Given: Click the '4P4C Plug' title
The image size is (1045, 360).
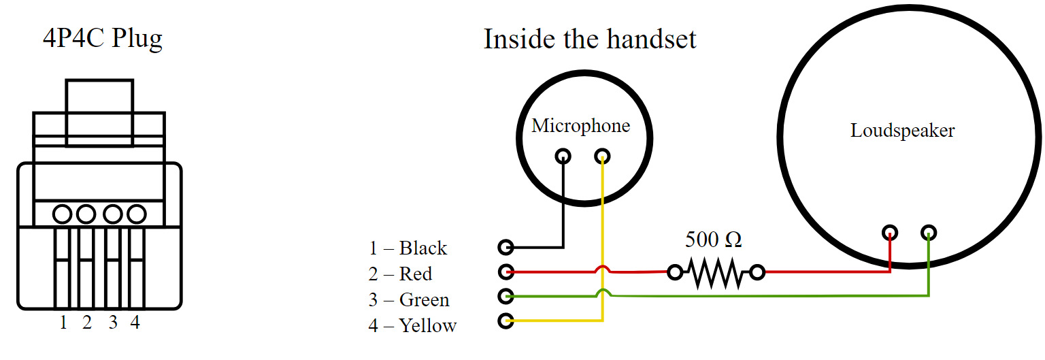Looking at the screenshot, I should tap(103, 39).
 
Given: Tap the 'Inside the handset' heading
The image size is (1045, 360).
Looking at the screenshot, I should tap(590, 39).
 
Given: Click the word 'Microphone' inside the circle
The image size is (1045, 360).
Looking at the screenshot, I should tap(580, 126).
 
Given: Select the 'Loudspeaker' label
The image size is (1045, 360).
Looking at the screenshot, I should tap(902, 131).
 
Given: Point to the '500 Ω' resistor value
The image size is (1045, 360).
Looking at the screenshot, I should tap(713, 240).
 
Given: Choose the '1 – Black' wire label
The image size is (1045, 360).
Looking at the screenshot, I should tap(408, 248).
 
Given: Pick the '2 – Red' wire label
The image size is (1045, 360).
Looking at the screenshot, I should tap(400, 274).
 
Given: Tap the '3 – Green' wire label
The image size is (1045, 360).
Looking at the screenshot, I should tap(409, 299).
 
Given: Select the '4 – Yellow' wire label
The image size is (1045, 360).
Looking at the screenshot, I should tap(412, 325).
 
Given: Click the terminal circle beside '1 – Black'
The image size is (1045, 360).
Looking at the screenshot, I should tap(505, 246).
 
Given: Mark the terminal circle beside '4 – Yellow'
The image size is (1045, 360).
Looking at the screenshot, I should tap(505, 321).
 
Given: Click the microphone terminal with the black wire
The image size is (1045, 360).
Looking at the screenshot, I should tap(563, 157).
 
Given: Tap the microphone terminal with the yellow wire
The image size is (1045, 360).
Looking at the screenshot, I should tap(602, 157).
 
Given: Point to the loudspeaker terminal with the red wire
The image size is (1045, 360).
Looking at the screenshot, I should tap(890, 233).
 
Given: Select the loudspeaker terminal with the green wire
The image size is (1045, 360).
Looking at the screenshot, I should tap(929, 233).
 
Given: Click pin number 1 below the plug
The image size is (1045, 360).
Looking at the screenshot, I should tap(63, 323).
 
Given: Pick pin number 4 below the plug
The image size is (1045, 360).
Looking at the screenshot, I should tap(135, 323).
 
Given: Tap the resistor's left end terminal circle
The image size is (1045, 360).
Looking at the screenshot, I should tap(674, 273).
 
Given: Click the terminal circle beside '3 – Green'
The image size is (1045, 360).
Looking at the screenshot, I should tap(505, 296).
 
